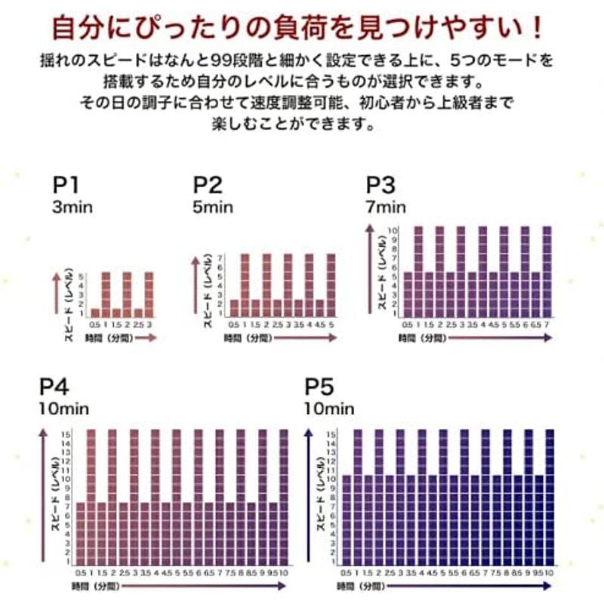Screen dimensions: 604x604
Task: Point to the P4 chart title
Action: tap(54, 387)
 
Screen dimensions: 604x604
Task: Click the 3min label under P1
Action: tap(72, 207)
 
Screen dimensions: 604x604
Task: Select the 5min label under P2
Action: tap(213, 207)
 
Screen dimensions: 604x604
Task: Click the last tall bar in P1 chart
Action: tap(149, 294)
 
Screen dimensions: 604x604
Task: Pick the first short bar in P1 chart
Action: tap(95, 313)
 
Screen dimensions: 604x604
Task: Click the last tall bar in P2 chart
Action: tap(331, 285)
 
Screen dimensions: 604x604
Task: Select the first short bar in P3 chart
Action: tap(408, 293)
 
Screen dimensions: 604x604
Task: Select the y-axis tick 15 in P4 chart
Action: tap(66, 434)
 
